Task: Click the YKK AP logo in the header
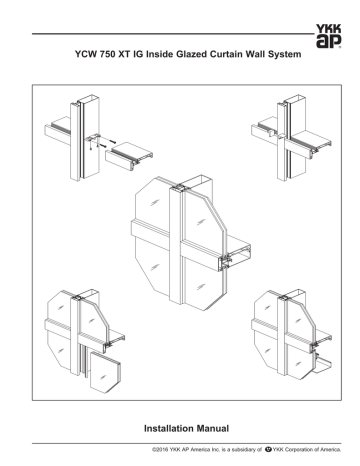pyautogui.click(x=328, y=36)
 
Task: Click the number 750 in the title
pyautogui.click(x=106, y=54)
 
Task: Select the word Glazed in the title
pyautogui.click(x=191, y=54)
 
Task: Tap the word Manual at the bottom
pyautogui.click(x=213, y=428)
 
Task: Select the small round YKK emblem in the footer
pyautogui.click(x=268, y=450)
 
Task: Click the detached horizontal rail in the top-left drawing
pyautogui.click(x=129, y=156)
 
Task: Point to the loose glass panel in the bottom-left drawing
pyautogui.click(x=105, y=371)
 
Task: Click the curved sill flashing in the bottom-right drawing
pyautogui.click(x=323, y=366)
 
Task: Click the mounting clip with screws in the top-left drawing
pyautogui.click(x=94, y=140)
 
